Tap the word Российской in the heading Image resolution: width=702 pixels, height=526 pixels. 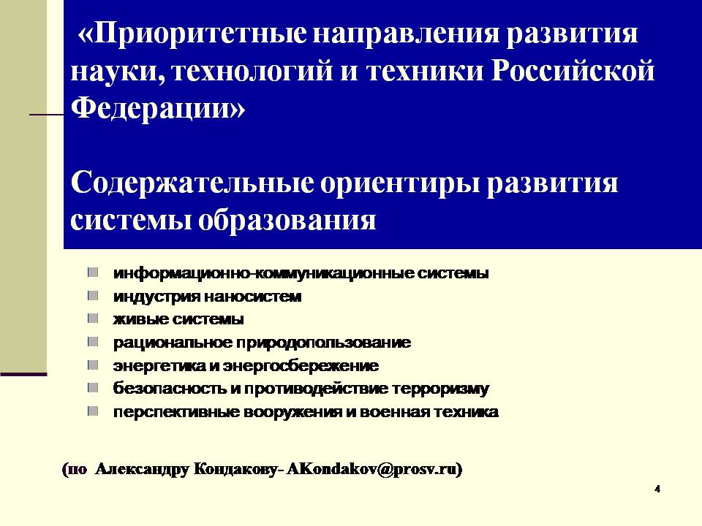click(x=573, y=71)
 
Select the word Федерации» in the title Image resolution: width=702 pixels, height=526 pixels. click(x=158, y=109)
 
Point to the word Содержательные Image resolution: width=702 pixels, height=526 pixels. click(x=192, y=183)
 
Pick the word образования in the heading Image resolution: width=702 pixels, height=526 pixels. click(x=287, y=220)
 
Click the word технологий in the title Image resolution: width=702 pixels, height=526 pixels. click(x=252, y=72)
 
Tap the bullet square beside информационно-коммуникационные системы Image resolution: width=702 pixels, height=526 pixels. click(x=93, y=272)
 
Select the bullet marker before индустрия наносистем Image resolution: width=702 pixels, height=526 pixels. click(x=93, y=296)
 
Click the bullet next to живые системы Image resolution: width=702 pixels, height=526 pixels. click(x=93, y=319)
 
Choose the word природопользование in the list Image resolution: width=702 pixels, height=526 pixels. click(x=323, y=343)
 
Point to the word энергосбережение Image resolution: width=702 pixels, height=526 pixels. click(x=301, y=366)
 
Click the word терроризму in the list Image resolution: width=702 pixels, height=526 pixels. click(x=440, y=389)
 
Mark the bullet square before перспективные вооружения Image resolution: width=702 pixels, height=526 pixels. click(x=93, y=411)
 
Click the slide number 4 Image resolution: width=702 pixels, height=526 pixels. click(x=657, y=489)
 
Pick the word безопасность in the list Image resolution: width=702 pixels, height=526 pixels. click(x=170, y=389)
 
